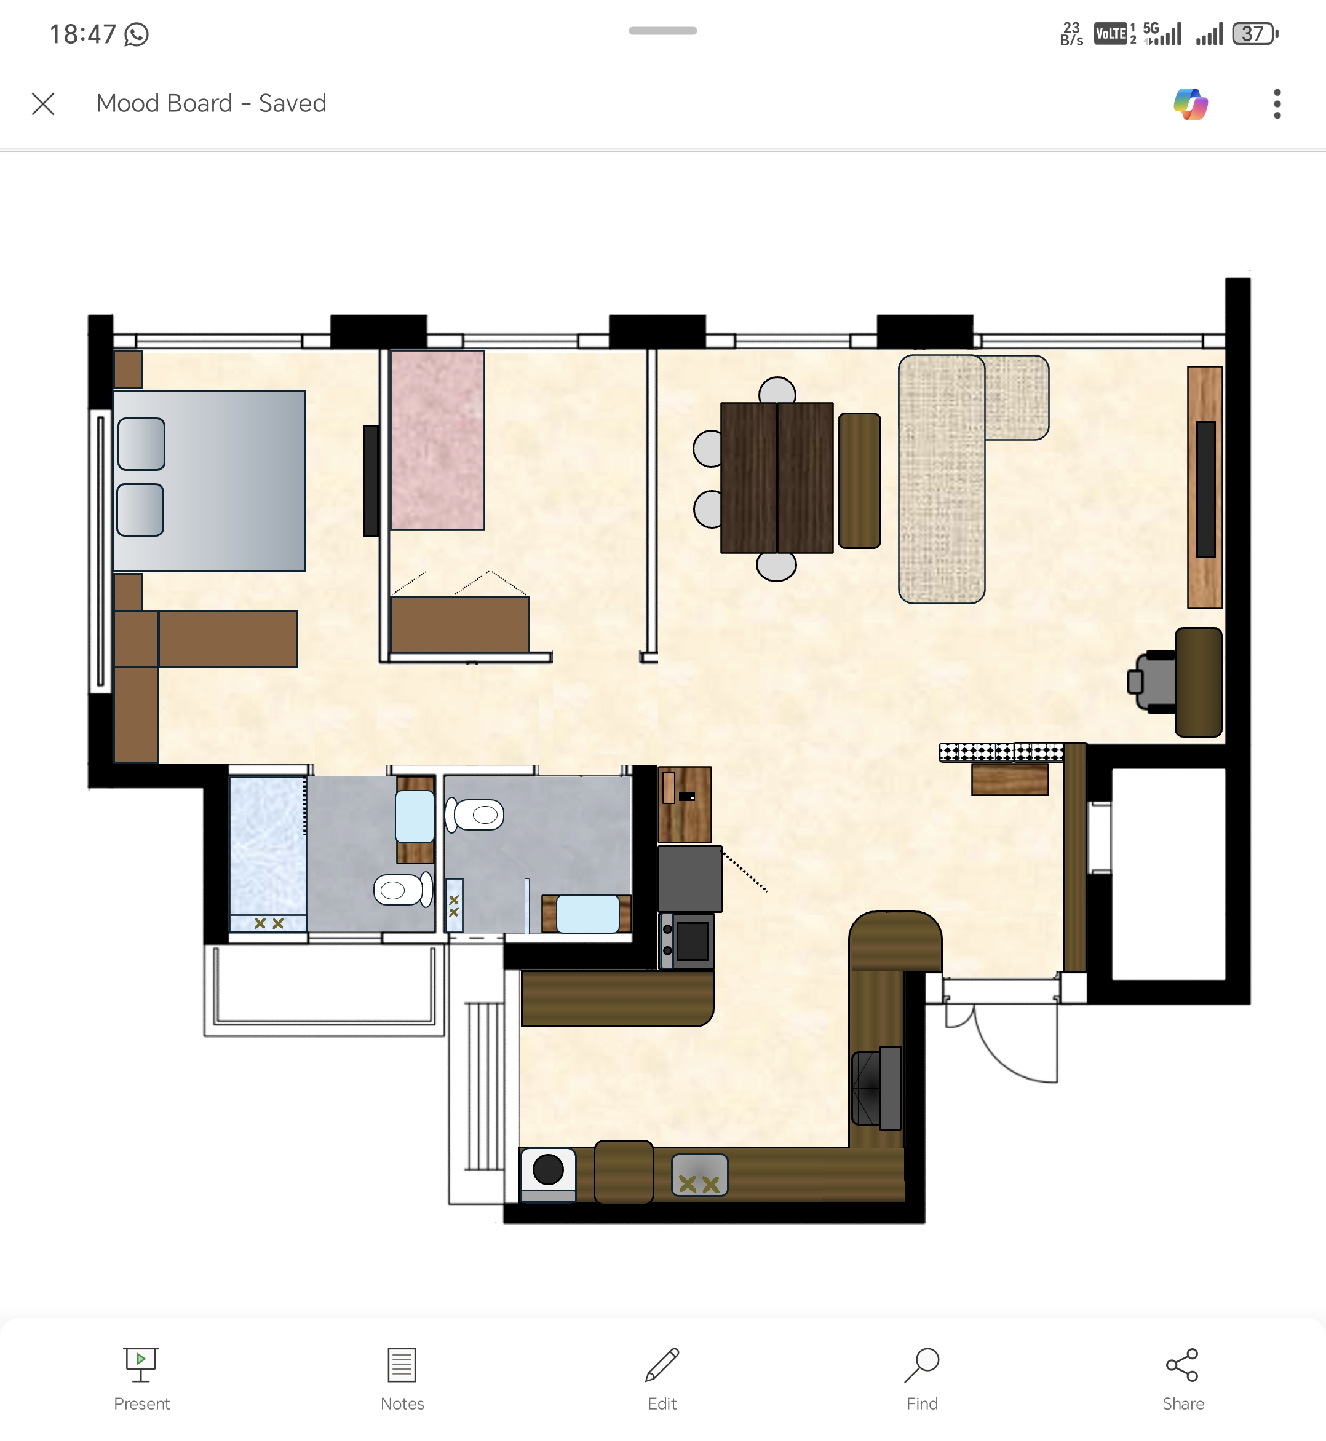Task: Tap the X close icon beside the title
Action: [x=43, y=104]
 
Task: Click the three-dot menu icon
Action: [x=1277, y=104]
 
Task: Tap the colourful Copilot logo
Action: [x=1191, y=104]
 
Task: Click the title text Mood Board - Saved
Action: [x=211, y=103]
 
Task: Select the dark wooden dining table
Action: [x=776, y=478]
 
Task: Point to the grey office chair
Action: [x=1153, y=681]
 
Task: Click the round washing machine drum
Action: [x=548, y=1169]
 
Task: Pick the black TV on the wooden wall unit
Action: [x=1205, y=489]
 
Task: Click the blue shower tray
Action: [x=268, y=846]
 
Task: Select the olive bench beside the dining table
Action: [x=859, y=481]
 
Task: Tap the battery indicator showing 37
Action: [x=1254, y=34]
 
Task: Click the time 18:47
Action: [x=82, y=34]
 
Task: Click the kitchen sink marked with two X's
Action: [x=700, y=1175]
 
